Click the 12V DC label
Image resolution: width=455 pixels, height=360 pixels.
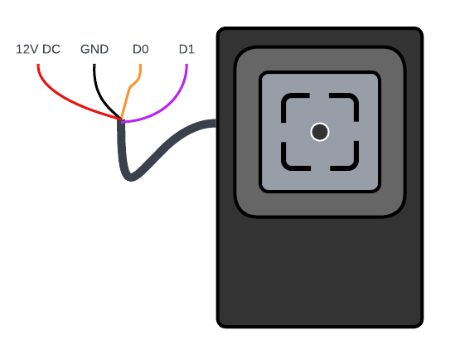38,50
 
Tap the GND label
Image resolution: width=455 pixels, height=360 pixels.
94,50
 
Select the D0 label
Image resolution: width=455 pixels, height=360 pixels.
141,50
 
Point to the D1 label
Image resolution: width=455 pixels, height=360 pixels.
186,50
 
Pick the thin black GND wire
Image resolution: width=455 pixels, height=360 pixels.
100,97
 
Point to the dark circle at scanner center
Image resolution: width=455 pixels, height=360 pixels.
320,132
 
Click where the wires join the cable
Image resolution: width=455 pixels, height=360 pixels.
121,120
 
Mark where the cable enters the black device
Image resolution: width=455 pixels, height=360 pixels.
215,124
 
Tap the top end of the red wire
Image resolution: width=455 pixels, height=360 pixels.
38,65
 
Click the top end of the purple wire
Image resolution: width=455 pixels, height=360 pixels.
186,65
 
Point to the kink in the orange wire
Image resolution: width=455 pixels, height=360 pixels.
131,87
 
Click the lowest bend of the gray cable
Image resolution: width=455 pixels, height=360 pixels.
131,178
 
